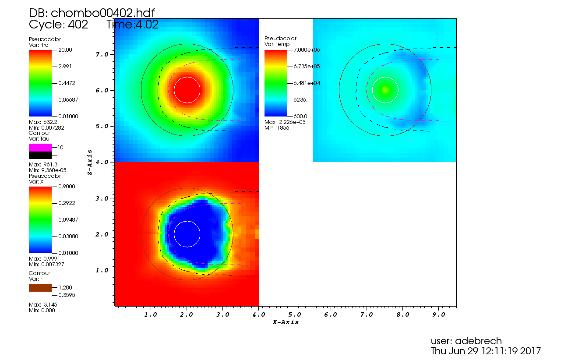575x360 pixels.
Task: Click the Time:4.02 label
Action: click(132, 25)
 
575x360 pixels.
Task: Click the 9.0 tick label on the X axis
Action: click(438, 314)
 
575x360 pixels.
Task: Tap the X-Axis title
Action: click(286, 322)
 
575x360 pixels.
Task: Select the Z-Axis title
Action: click(90, 162)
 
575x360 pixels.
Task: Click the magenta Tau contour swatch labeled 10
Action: click(40, 148)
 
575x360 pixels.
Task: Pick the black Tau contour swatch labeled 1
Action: click(40, 155)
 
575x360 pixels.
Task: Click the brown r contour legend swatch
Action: click(40, 288)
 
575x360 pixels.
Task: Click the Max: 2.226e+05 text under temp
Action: click(285, 122)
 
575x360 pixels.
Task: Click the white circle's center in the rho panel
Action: click(187, 90)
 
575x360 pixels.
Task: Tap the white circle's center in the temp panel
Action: click(385, 90)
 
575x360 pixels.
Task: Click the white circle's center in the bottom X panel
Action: click(187, 234)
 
